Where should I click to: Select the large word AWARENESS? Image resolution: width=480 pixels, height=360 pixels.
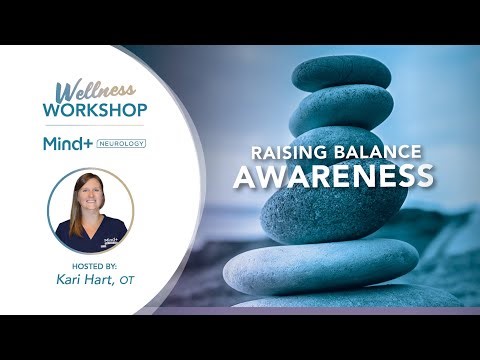pyautogui.click(x=333, y=177)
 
